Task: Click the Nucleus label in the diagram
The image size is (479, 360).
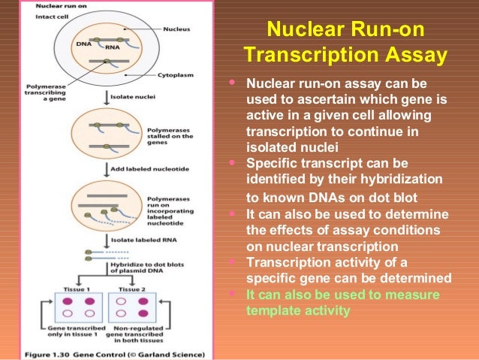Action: point(173,29)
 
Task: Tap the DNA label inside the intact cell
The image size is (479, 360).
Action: point(83,44)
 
